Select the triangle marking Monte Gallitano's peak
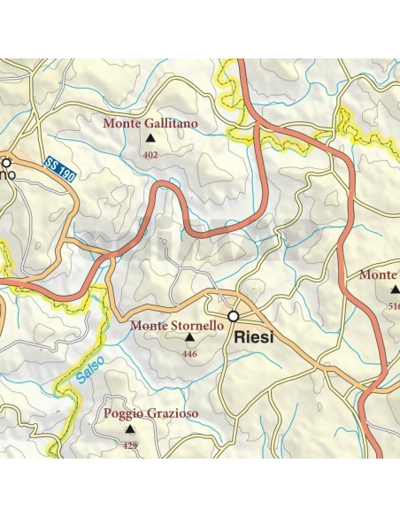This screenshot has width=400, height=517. [150, 139]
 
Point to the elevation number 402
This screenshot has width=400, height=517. [150, 155]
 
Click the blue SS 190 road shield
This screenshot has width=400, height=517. [58, 168]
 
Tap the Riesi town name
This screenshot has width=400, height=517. [254, 337]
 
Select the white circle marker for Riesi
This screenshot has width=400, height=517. [234, 316]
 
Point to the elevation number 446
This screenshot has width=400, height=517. [188, 354]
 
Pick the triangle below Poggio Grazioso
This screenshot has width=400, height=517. [130, 428]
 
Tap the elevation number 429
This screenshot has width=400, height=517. [130, 445]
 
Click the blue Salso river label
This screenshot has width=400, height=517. [89, 368]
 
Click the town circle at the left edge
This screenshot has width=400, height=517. [6, 162]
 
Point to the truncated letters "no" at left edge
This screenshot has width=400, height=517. [7, 175]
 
